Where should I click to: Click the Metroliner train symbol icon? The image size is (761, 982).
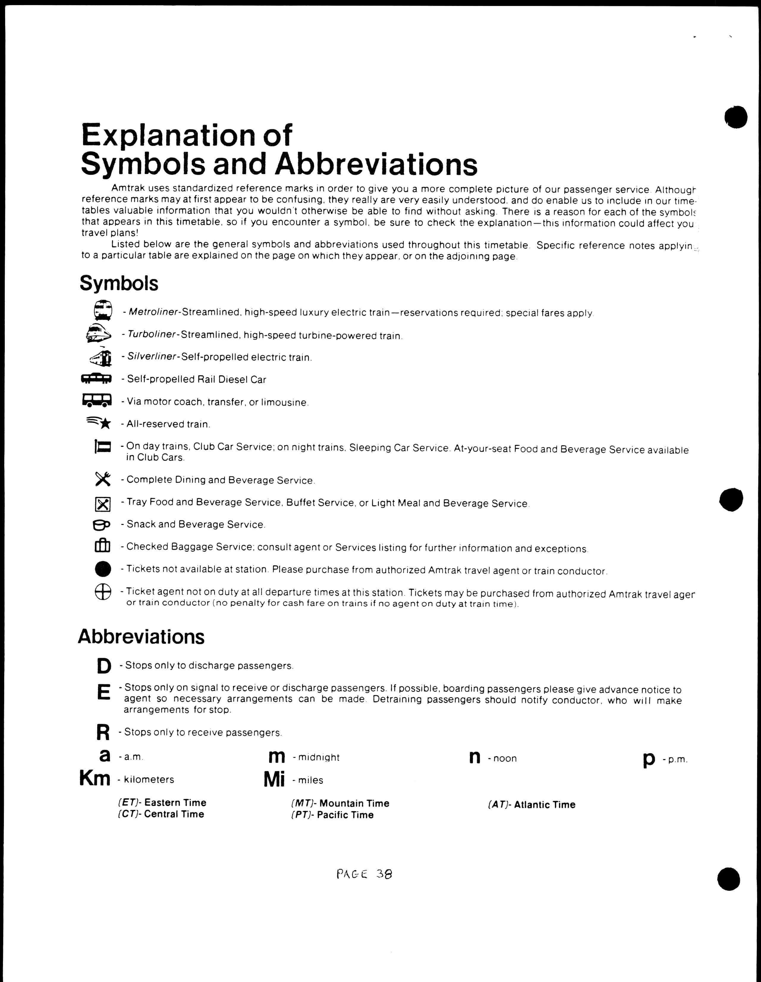[103, 310]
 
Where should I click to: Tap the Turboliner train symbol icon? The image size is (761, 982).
[98, 334]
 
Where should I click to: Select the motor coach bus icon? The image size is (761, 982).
[97, 400]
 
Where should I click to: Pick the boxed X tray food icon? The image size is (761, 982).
[103, 504]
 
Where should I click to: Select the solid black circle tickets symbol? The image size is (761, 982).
[103, 569]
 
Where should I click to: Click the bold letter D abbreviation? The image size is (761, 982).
[104, 666]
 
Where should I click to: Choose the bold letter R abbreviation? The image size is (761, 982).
[103, 732]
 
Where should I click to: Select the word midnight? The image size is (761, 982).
[319, 757]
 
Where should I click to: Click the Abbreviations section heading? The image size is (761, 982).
[141, 636]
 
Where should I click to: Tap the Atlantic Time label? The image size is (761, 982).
[544, 804]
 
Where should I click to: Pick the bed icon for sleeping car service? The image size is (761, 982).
[103, 446]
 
